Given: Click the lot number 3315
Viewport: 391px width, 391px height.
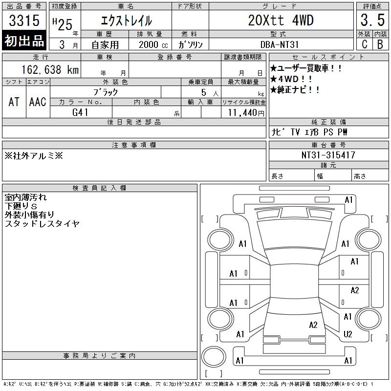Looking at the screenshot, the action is [24, 20].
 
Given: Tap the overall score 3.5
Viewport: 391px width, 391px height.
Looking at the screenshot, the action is [372, 20].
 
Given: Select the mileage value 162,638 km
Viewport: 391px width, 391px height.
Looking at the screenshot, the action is [50, 69].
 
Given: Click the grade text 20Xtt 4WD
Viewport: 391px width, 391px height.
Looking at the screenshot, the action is [281, 20].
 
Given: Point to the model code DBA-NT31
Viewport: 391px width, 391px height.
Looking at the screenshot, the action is [279, 44].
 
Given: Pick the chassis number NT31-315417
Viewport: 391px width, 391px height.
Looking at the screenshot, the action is [328, 155].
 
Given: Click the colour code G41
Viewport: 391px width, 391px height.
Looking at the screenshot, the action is [80, 112].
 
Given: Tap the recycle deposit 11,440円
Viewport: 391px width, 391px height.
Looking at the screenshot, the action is [246, 113].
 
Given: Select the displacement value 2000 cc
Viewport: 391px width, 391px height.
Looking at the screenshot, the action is [153, 44].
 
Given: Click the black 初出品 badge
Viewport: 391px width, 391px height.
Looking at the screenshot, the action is [24, 40].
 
